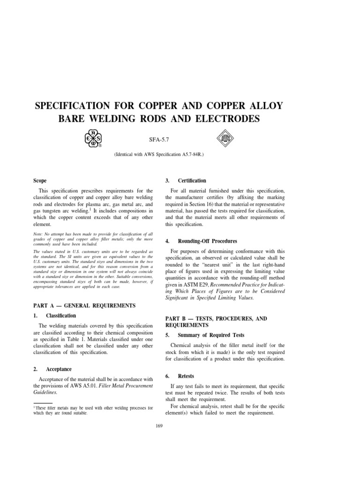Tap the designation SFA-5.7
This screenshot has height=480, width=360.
coord(158,140)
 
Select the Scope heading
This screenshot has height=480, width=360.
coord(40,180)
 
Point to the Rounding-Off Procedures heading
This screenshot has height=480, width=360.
coord(204,241)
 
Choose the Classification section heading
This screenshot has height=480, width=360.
coord(61,315)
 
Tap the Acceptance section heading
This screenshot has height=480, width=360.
coord(60,369)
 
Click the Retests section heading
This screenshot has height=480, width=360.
coord(186,376)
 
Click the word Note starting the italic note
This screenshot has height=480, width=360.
coord(38,233)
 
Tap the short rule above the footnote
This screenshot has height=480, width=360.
coord(43,402)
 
